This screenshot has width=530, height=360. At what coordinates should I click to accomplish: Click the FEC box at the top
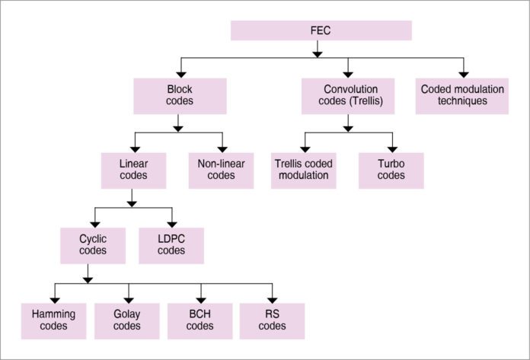coord(321,30)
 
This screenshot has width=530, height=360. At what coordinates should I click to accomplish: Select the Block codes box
coord(179,95)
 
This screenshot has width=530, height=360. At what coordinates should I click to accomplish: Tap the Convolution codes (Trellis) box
coord(348,95)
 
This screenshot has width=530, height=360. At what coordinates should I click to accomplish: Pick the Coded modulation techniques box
coord(462,95)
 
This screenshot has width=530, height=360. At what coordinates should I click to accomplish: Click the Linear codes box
coord(133,170)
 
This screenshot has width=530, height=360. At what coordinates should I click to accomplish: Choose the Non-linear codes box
coord(222,170)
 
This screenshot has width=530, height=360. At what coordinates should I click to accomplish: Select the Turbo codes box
coord(391,170)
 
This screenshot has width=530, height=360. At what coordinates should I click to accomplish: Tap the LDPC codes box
coord(171,244)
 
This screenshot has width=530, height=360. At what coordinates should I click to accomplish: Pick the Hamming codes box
coord(55,320)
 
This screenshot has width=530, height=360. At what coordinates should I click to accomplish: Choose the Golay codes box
coord(127,320)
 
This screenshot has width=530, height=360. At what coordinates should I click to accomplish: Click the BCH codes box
coord(200,320)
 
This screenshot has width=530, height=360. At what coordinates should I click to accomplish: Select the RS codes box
coord(272,320)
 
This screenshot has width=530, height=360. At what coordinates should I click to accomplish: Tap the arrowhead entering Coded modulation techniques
coord(462,73)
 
